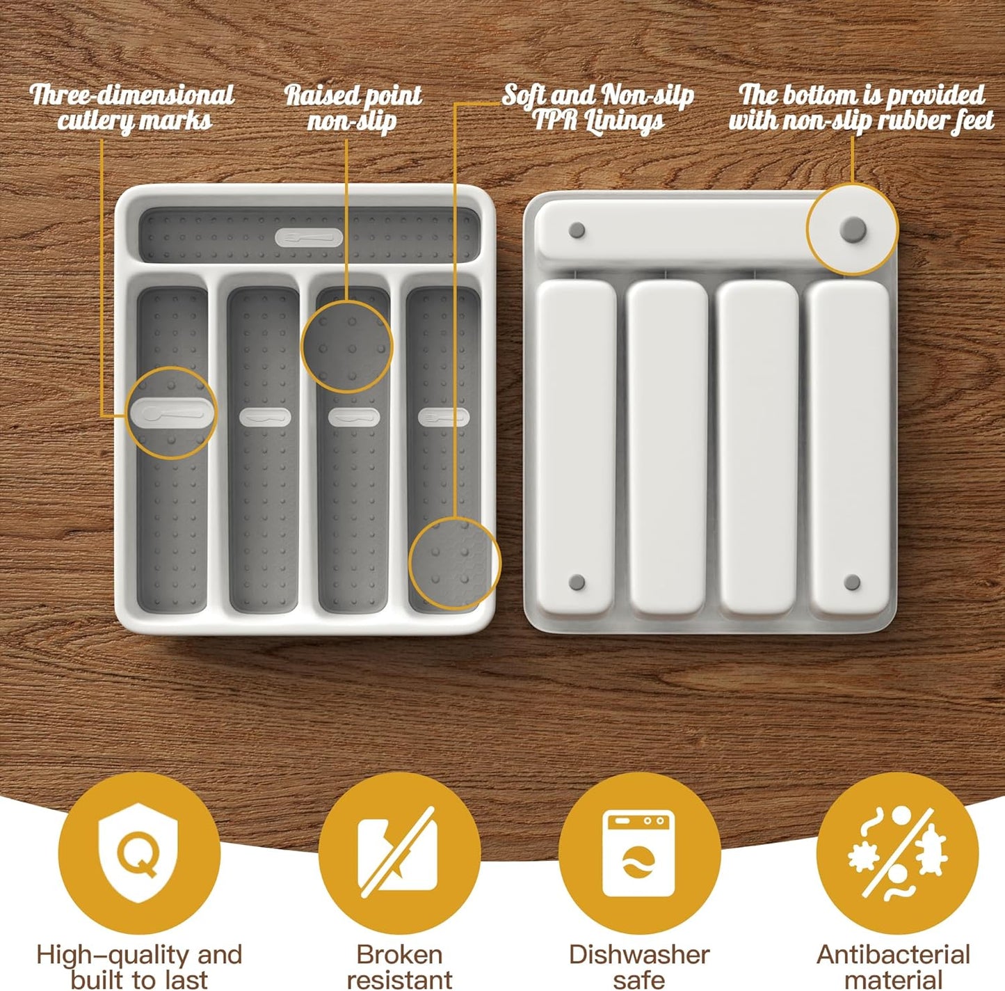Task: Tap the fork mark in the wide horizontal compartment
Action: pyautogui.click(x=309, y=238)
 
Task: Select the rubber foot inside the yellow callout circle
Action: pyautogui.click(x=853, y=228)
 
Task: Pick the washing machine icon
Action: pyautogui.click(x=638, y=853)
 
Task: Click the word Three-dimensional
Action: pyautogui.click(x=132, y=95)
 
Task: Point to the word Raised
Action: pyautogui.click(x=321, y=95)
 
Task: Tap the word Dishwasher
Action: pyautogui.click(x=639, y=954)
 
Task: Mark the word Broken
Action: pyautogui.click(x=399, y=954)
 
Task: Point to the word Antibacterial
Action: pyautogui.click(x=893, y=954)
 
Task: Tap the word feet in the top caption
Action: pyautogui.click(x=974, y=121)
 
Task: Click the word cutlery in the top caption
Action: pyautogui.click(x=97, y=121)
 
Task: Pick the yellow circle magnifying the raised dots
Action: pyautogui.click(x=347, y=347)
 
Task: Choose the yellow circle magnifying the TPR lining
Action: pyautogui.click(x=454, y=563)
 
